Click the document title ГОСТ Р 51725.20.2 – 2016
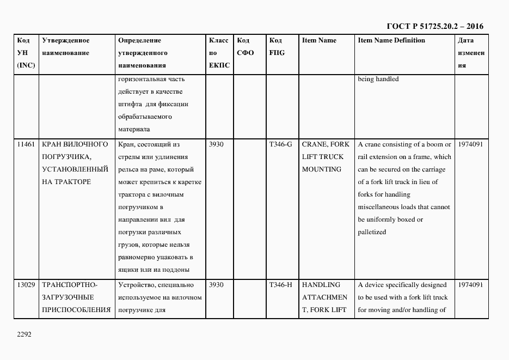pyautogui.click(x=434, y=26)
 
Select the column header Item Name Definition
pyautogui.click(x=391, y=40)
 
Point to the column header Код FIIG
pyautogui.click(x=277, y=47)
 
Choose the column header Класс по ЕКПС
pyautogui.click(x=219, y=53)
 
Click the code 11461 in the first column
pyautogui.click(x=26, y=144)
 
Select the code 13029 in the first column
pyautogui.click(x=26, y=285)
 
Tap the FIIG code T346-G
pyautogui.click(x=280, y=144)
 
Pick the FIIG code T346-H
pyautogui.click(x=280, y=285)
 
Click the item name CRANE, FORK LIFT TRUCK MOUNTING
pyautogui.click(x=326, y=157)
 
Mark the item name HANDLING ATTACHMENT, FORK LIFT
pyautogui.click(x=324, y=297)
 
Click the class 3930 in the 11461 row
pyautogui.click(x=216, y=144)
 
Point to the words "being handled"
pyautogui.click(x=378, y=79)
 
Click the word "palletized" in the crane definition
pyautogui.click(x=372, y=232)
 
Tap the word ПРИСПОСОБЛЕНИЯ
pyautogui.click(x=76, y=310)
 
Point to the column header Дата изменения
pyautogui.click(x=471, y=53)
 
